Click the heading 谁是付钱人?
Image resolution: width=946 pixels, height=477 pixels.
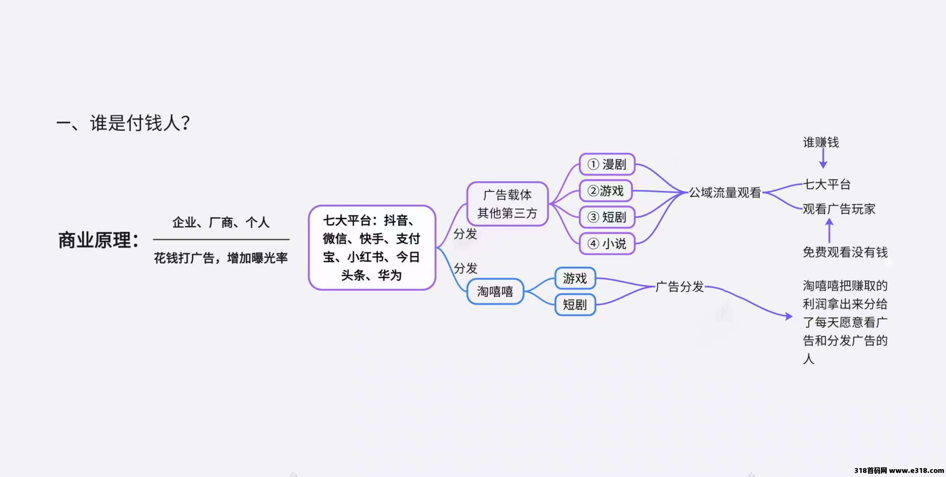click(x=140, y=123)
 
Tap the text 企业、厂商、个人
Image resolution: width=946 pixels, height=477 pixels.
click(x=221, y=222)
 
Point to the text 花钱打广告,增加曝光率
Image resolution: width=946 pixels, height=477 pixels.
click(x=221, y=258)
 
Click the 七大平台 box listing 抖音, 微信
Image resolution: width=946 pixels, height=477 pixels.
click(x=372, y=247)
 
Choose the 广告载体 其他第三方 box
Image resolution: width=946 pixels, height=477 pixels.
click(x=507, y=204)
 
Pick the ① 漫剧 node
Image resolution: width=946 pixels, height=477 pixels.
click(x=607, y=164)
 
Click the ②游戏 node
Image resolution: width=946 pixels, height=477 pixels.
click(x=606, y=191)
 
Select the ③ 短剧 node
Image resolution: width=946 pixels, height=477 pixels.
click(x=607, y=217)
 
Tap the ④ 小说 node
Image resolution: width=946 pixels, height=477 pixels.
click(x=607, y=244)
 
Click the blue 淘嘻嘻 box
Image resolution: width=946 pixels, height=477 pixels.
click(x=495, y=291)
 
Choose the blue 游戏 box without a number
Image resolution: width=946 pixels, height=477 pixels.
click(x=575, y=278)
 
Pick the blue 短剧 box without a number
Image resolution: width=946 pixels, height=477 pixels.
click(x=575, y=305)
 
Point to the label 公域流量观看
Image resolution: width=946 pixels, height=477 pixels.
click(x=725, y=193)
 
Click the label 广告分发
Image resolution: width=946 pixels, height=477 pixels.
click(x=680, y=287)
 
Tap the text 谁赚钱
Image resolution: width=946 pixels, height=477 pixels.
click(x=821, y=142)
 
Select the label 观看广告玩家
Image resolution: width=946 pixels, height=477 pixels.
click(x=839, y=209)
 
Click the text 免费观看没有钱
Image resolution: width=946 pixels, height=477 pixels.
click(x=845, y=252)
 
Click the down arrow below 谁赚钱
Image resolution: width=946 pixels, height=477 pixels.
click(x=823, y=159)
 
